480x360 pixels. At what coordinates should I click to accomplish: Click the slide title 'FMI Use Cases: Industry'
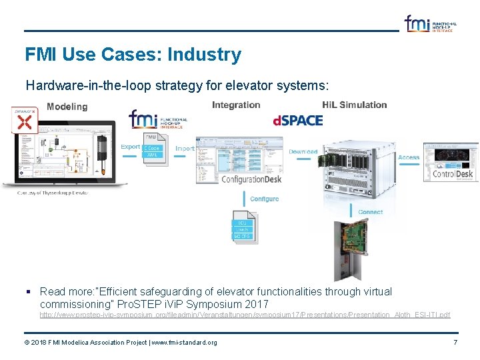[x=133, y=55]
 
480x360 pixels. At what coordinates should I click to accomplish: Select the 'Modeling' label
[x=67, y=107]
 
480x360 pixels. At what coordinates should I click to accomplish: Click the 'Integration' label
[x=236, y=105]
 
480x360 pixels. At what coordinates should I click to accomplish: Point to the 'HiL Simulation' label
[x=354, y=105]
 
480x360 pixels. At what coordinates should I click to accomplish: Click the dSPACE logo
[x=298, y=121]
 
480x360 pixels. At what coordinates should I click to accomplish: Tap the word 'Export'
[x=131, y=147]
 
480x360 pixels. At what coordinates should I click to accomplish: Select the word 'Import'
[x=185, y=149]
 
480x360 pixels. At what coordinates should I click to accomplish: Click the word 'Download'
[x=303, y=152]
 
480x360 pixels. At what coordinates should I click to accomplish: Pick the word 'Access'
[x=409, y=158]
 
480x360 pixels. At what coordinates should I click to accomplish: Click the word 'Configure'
[x=265, y=199]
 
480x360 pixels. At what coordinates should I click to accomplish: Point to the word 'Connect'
[x=371, y=212]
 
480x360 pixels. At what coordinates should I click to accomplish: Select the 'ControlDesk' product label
[x=453, y=174]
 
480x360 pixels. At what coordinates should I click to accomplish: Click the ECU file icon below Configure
[x=243, y=227]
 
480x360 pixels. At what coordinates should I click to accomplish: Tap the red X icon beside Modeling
[x=25, y=121]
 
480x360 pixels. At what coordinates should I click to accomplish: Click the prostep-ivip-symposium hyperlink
[x=245, y=315]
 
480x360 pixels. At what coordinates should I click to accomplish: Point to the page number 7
[x=455, y=342]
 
